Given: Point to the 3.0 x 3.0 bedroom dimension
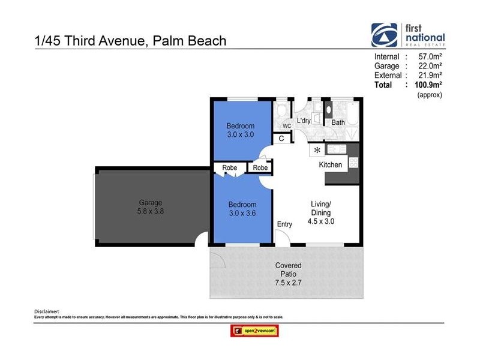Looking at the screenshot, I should point(240,135).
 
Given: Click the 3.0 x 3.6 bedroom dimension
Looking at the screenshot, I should point(242,213).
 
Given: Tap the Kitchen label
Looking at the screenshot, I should point(330,164).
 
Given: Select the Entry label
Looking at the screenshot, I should point(284,224).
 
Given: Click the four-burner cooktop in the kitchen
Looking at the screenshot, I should point(353,162).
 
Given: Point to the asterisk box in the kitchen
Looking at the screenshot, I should point(317,150).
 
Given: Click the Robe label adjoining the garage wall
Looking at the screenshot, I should point(229,168).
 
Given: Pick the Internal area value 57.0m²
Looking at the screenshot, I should point(430,56).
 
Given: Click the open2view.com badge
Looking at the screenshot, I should point(254,331).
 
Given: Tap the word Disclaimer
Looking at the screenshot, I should point(47,311).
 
